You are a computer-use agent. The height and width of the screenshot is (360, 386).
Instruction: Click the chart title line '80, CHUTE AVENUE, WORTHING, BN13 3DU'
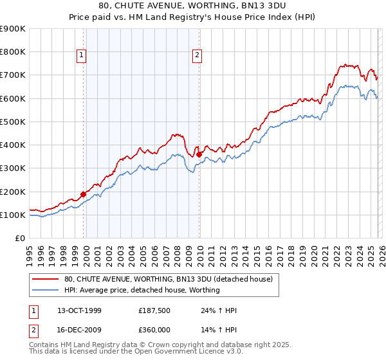click(192, 6)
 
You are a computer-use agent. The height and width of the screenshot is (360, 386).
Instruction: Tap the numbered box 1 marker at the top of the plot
click(82, 56)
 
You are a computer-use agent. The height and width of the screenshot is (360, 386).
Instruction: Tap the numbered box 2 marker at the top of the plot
click(196, 56)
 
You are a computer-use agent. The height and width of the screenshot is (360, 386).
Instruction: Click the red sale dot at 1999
click(84, 194)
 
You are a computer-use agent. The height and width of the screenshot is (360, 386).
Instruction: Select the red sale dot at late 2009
click(199, 154)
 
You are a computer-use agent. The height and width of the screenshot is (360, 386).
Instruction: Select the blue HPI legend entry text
click(142, 290)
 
